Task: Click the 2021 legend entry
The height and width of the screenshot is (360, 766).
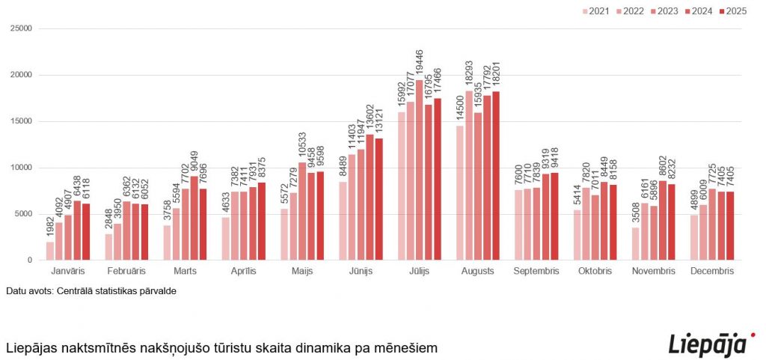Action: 595,11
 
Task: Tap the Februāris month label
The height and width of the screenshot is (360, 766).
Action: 126,270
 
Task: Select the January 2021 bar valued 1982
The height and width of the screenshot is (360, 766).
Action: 49,251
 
